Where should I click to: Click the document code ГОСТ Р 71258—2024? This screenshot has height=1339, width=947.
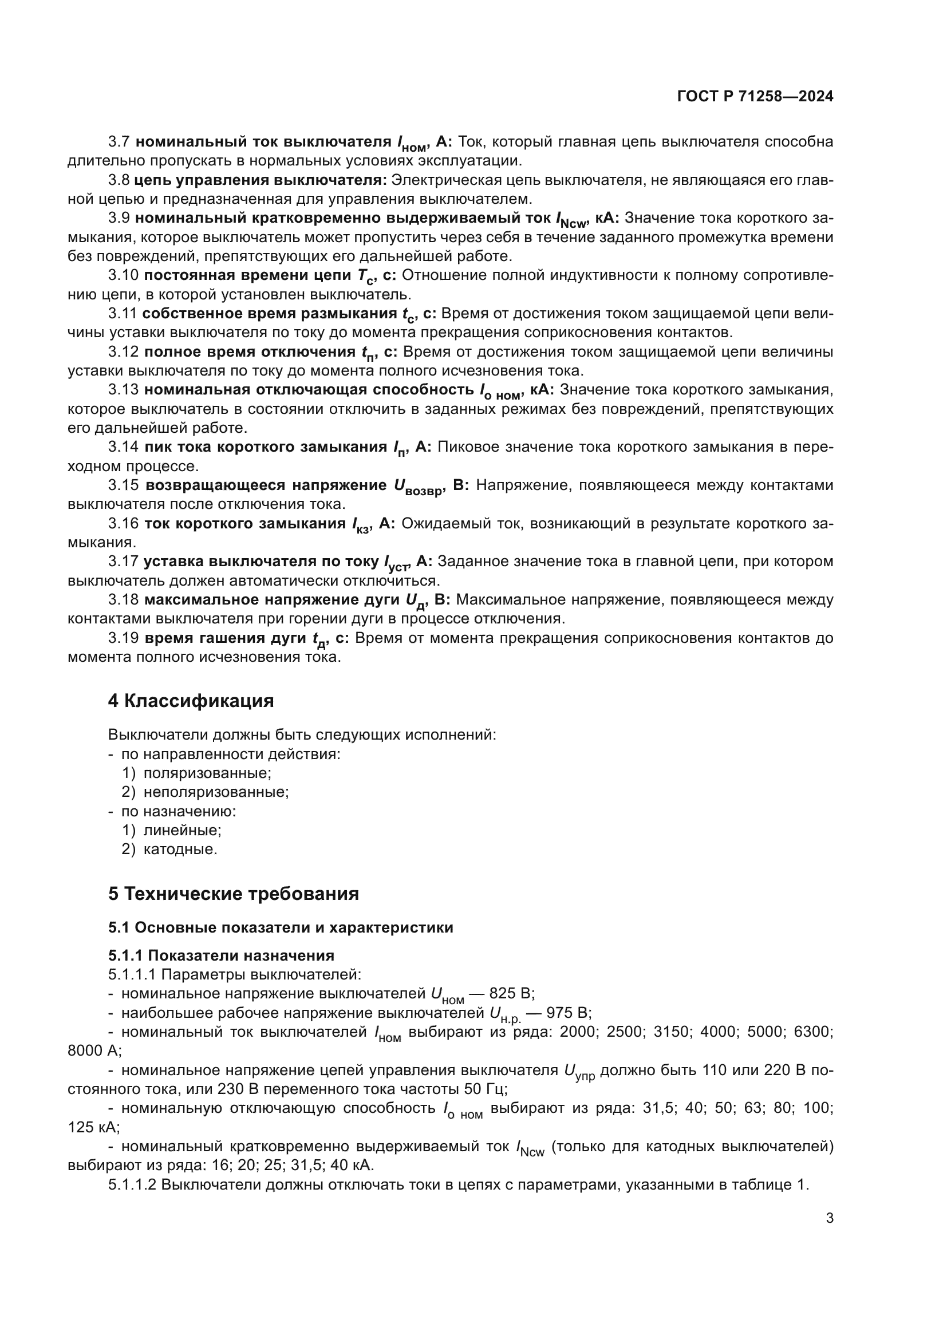tap(755, 97)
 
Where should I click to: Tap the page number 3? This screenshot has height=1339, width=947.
tap(830, 1218)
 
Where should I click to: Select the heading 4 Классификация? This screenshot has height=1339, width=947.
tap(191, 700)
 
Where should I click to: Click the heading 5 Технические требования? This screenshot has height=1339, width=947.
tap(233, 894)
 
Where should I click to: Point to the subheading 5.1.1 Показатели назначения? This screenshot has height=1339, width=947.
tap(221, 955)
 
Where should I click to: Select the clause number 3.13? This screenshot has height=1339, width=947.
tap(123, 390)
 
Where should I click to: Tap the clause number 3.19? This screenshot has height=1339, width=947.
tap(123, 638)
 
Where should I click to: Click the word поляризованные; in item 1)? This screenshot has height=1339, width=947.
tap(207, 773)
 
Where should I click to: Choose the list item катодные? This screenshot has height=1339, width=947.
tap(180, 849)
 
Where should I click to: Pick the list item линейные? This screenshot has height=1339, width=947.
tap(182, 830)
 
